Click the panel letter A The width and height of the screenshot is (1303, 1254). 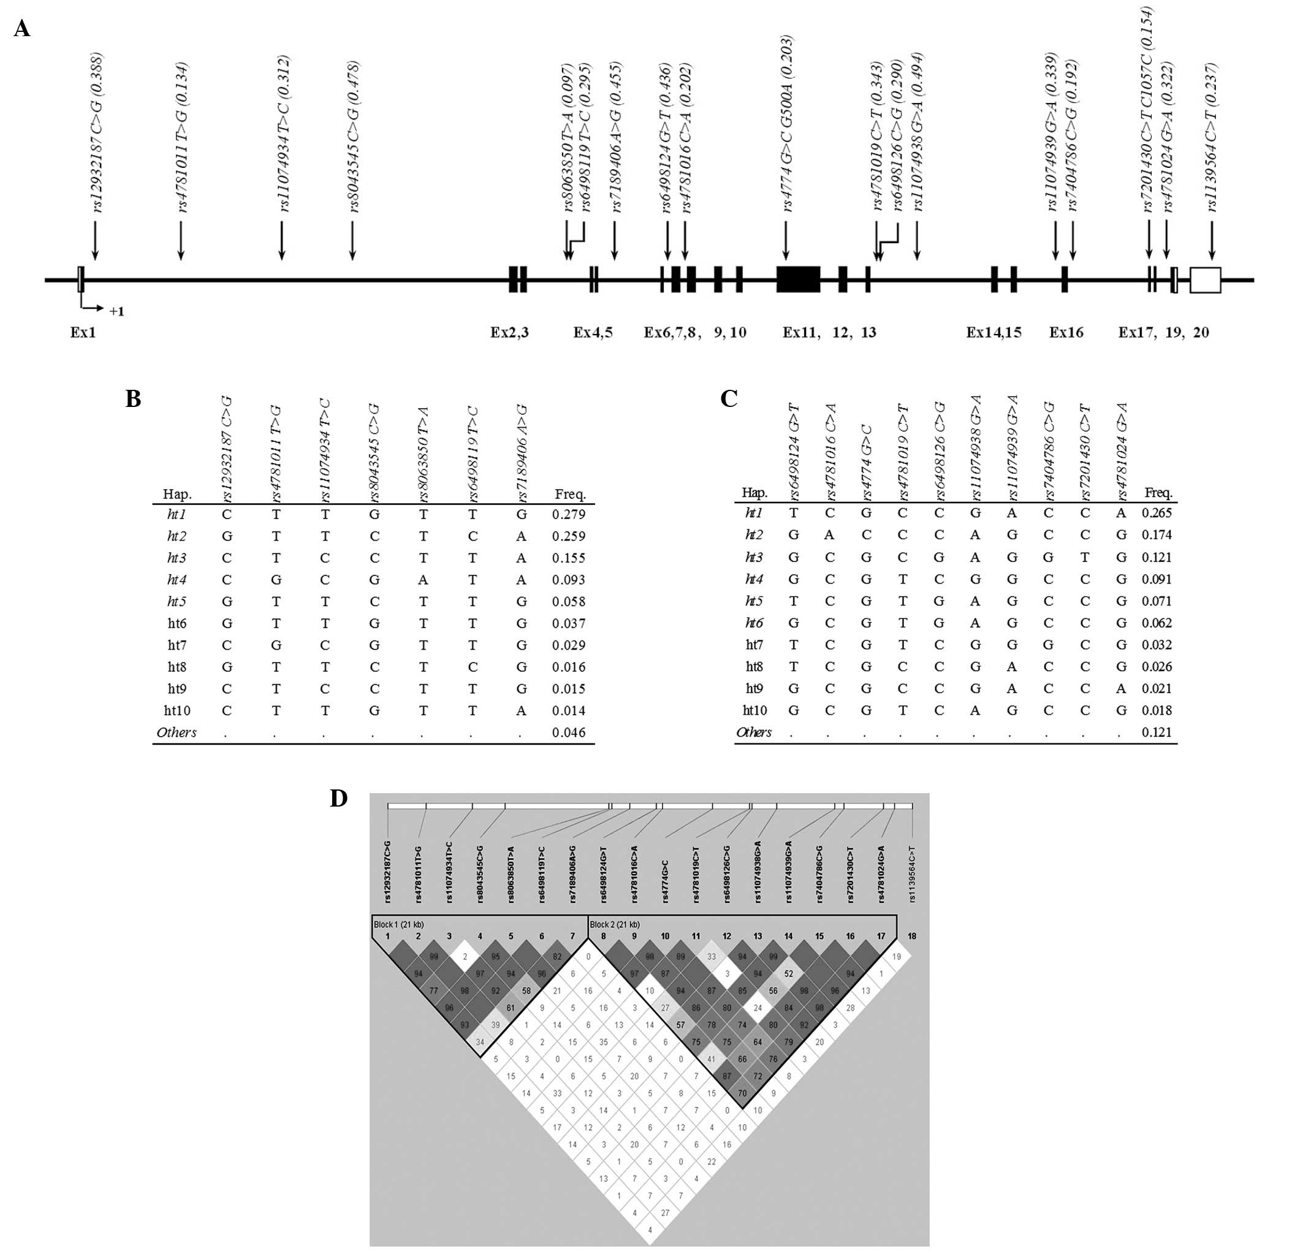[x=22, y=29]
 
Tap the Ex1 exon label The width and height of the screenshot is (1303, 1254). [x=83, y=332]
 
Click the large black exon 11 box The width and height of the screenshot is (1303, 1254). [x=798, y=279]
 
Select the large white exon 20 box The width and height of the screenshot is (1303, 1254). [x=1204, y=280]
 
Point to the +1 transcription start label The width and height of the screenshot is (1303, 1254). [x=117, y=311]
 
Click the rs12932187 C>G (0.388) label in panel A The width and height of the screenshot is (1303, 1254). [x=97, y=133]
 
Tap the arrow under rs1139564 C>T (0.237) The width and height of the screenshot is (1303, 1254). [x=1212, y=240]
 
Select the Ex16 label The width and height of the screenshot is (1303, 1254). [x=1066, y=332]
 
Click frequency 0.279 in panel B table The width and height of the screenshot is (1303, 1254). [x=568, y=514]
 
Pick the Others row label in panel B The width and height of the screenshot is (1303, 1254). [x=177, y=732]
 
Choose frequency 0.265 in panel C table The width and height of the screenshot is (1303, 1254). [x=1157, y=512]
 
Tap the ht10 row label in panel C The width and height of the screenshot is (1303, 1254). [x=754, y=710]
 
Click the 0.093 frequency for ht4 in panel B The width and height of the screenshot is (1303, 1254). [x=568, y=580]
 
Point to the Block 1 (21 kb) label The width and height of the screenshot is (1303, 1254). [x=399, y=924]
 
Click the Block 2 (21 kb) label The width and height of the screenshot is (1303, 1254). [x=615, y=924]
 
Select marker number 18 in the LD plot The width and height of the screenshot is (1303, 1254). [x=912, y=936]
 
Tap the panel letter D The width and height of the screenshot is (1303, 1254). [x=339, y=799]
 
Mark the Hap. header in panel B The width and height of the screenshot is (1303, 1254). [x=178, y=494]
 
